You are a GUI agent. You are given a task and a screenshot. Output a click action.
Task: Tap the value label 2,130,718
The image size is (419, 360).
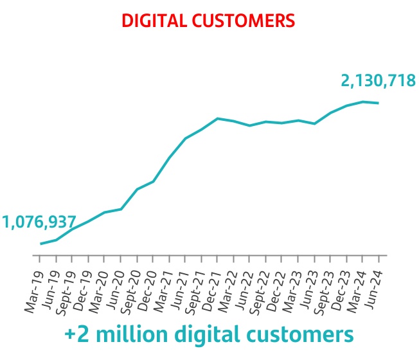[379, 81]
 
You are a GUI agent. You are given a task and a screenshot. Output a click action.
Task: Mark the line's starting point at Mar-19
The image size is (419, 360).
[40, 244]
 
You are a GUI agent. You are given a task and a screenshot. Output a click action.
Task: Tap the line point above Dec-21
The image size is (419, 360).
[217, 118]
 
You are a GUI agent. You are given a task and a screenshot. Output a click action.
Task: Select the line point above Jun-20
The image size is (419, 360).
[121, 209]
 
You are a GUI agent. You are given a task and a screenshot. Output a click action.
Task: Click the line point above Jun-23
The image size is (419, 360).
[314, 123]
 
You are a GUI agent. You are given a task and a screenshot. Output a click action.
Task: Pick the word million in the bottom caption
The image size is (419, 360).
[131, 334]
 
